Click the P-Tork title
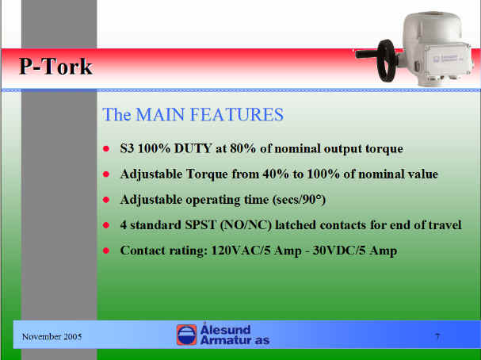click(55, 67)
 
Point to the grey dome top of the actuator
click(433, 24)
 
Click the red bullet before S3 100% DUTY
click(106, 149)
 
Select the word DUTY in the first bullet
click(193, 148)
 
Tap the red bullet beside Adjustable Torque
click(106, 174)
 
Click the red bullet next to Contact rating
click(106, 251)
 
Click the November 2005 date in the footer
click(52, 337)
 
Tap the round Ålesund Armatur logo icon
click(186, 335)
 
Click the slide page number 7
click(437, 337)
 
